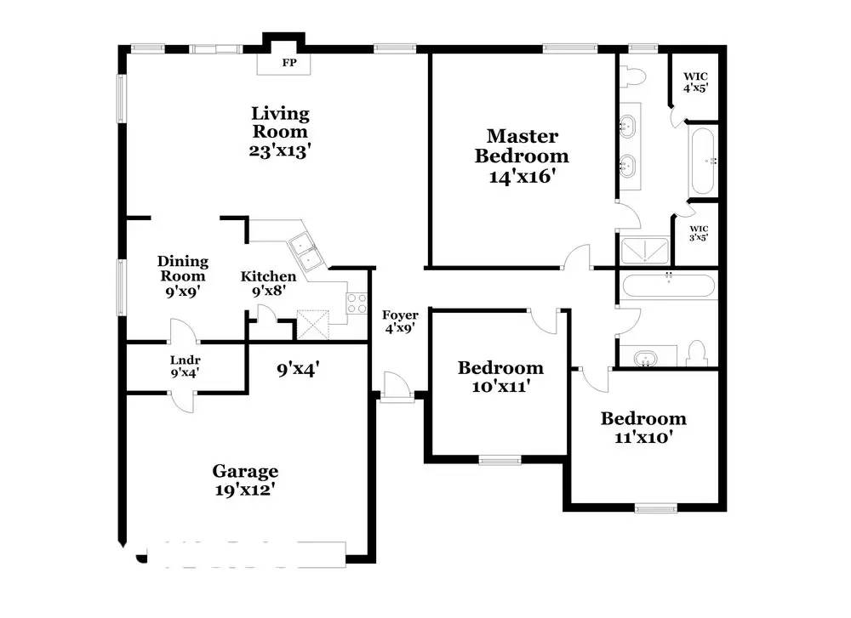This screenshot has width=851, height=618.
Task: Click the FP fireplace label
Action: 289,62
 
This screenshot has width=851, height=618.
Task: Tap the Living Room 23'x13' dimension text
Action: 279,150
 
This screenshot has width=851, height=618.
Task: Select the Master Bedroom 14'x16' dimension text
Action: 522,176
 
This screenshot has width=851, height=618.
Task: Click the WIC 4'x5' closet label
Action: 695,82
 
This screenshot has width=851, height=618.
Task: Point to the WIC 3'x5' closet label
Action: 699,233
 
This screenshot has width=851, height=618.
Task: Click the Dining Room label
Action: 183,269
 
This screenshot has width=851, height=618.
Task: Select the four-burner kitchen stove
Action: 357,303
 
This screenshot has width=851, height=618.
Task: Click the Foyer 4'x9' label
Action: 400,321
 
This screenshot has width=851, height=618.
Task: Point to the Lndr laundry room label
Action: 185,366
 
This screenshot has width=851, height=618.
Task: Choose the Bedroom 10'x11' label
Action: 500,377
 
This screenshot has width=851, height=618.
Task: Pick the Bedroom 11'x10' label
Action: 643,428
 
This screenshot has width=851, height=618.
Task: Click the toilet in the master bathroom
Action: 631,76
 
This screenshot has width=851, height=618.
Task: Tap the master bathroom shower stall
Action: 645,251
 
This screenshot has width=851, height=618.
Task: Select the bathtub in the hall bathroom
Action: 668,285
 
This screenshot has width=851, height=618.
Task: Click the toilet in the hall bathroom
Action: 696,354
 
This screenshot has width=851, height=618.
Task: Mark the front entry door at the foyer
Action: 397,388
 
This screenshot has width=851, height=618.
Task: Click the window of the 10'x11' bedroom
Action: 500,460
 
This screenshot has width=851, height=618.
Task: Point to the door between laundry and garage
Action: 182,400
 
